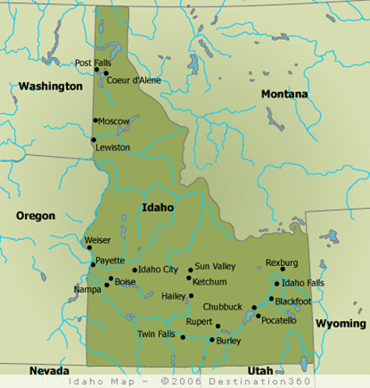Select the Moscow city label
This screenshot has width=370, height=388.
114,121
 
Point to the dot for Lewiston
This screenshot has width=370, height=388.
94,140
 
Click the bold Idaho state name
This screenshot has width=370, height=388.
158,207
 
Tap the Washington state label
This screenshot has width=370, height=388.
51,86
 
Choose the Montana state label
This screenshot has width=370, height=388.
284,95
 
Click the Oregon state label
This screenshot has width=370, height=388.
36,216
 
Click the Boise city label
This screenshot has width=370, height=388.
125,281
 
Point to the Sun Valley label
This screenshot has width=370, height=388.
214,265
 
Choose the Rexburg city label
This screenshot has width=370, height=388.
282,263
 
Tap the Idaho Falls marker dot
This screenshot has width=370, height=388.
277,284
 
